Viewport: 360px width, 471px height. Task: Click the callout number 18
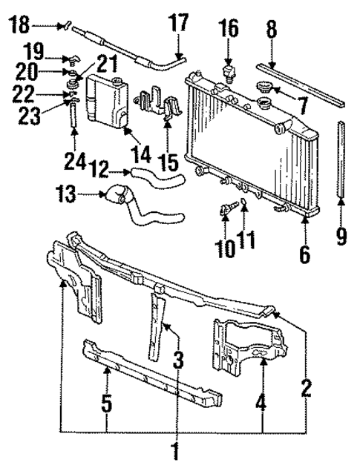pyautogui.click(x=18, y=26)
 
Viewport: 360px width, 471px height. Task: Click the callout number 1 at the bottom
pyautogui.click(x=175, y=450)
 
